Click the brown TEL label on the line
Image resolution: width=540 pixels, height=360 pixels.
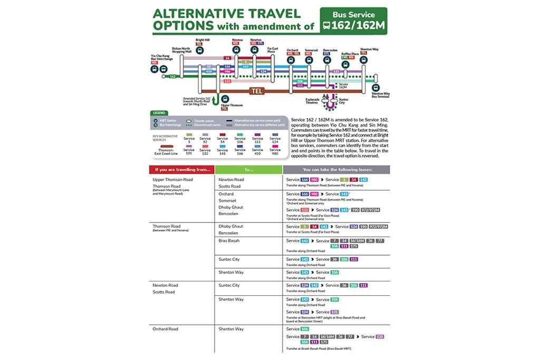click(x=257, y=91)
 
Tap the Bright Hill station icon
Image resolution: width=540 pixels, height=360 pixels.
click(x=199, y=50)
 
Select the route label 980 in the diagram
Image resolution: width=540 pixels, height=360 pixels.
click(x=228, y=71)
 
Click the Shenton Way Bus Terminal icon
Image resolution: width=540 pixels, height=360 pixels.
click(x=375, y=87)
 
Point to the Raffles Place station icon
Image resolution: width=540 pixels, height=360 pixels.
click(x=345, y=64)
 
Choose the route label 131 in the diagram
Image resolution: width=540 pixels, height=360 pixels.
click(x=336, y=71)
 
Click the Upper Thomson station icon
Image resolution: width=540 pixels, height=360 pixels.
click(x=225, y=99)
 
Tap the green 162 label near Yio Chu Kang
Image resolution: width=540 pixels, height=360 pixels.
click(x=173, y=76)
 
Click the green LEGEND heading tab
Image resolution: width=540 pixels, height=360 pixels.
click(x=159, y=112)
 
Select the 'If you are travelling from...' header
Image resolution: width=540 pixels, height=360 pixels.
click(x=181, y=170)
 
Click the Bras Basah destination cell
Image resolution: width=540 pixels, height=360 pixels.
click(x=229, y=241)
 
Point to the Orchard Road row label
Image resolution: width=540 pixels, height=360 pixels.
click(x=165, y=329)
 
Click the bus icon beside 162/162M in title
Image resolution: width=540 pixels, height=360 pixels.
click(x=327, y=25)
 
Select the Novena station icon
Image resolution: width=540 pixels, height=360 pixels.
click(x=237, y=50)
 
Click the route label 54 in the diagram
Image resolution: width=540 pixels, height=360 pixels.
click(x=228, y=58)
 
